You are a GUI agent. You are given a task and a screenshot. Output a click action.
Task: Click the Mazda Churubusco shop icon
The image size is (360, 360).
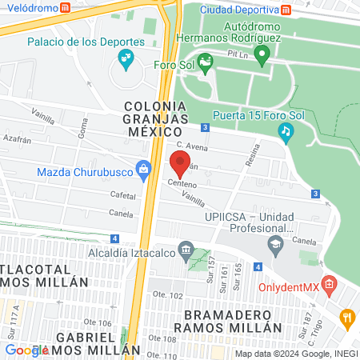click(x=143, y=169)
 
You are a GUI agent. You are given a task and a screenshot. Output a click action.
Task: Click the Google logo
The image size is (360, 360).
click(x=26, y=350)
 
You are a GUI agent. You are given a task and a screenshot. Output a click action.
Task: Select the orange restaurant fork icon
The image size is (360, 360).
click(x=346, y=318)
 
